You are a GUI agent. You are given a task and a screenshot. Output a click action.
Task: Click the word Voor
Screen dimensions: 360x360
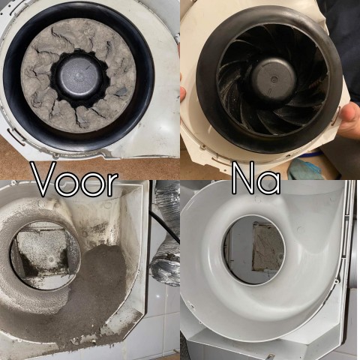74,180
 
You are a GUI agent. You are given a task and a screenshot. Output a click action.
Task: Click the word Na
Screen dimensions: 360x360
256,180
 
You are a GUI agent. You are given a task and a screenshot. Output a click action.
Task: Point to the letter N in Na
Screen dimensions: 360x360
243,180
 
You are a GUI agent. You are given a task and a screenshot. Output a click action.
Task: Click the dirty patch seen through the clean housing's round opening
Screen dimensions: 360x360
266,247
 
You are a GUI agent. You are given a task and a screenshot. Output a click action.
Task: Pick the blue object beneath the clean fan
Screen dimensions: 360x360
304,169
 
